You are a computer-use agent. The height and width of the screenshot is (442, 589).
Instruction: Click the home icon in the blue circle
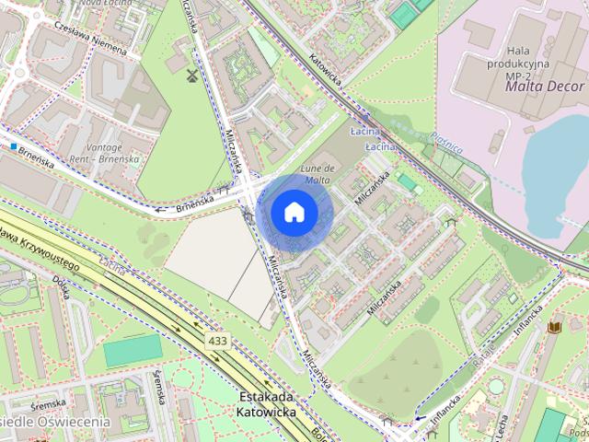tap(294, 212)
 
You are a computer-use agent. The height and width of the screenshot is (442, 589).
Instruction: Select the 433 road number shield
tap(218, 341)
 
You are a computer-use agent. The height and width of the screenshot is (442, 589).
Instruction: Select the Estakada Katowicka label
tap(266, 404)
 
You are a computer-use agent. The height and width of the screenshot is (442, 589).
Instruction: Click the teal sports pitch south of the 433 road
tap(133, 351)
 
